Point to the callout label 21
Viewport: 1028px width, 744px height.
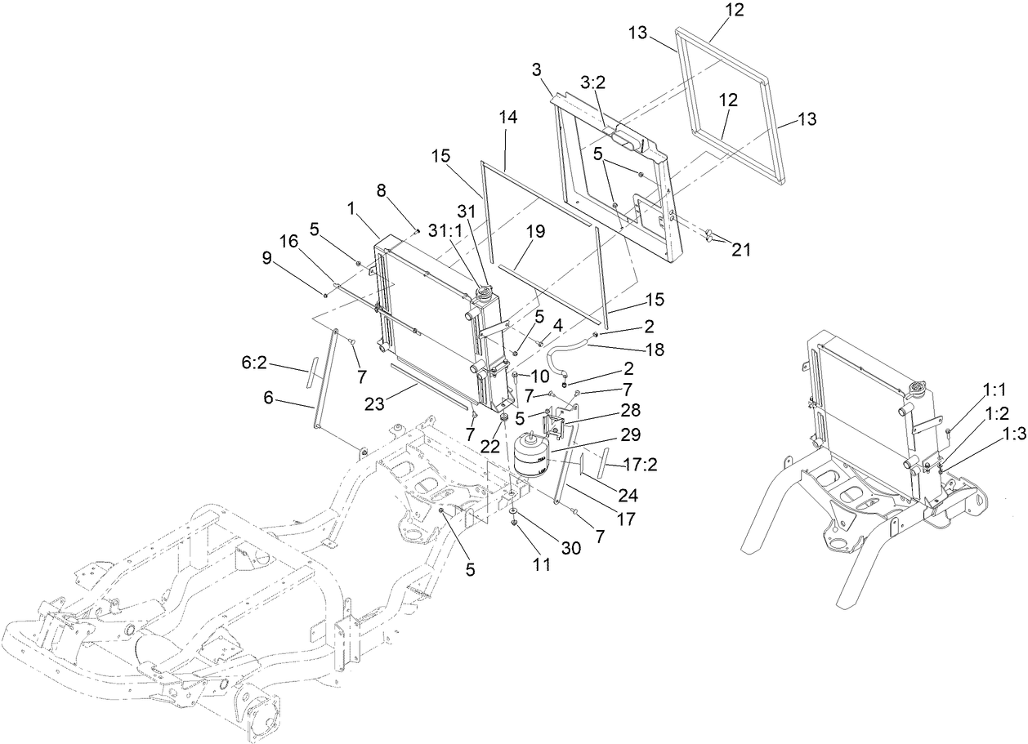click(741, 250)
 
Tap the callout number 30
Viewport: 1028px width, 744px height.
click(570, 548)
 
